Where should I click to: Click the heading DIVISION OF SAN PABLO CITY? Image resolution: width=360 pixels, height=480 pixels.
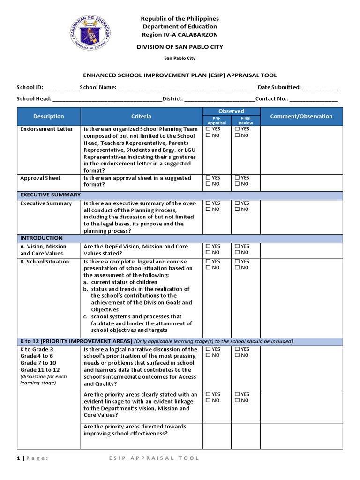[180, 47]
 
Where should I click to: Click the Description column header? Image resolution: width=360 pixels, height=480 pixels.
[49, 117]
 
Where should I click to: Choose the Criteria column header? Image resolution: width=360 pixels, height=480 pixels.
[141, 117]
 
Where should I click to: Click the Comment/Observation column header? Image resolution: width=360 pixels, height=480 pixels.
[301, 117]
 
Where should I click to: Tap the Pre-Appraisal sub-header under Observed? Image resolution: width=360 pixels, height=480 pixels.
[217, 120]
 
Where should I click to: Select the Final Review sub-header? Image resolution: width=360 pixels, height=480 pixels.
[246, 120]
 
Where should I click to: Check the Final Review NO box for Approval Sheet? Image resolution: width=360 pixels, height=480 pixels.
[238, 184]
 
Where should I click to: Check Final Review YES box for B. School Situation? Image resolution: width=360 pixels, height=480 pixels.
[238, 262]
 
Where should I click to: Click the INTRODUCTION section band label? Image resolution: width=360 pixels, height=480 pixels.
[41, 238]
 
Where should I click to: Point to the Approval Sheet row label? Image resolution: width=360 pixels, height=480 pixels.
[40, 178]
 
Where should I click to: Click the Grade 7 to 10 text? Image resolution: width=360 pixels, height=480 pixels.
[38, 363]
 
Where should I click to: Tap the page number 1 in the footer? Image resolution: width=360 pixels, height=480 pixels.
[18, 458]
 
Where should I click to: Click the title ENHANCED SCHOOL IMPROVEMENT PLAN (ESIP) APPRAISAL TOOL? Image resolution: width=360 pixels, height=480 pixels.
[180, 75]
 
